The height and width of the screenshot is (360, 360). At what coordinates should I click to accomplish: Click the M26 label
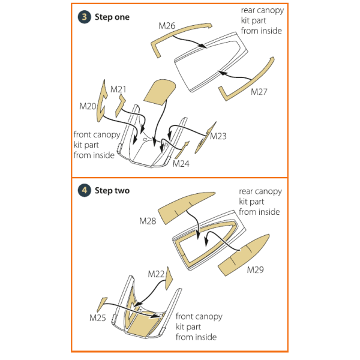(x=167, y=26)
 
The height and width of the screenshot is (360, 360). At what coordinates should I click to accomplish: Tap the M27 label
(x=259, y=92)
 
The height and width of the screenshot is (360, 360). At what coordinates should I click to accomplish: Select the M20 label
(x=88, y=106)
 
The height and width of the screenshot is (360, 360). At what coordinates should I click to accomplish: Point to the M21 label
(x=118, y=89)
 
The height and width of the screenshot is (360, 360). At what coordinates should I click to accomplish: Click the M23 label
(x=218, y=136)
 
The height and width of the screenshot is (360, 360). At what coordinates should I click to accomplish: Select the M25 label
(x=98, y=316)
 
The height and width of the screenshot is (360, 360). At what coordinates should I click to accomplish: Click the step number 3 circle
(x=84, y=17)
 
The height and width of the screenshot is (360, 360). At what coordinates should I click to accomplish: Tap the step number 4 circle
(x=84, y=190)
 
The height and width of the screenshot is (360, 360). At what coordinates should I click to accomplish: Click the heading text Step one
(x=112, y=17)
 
